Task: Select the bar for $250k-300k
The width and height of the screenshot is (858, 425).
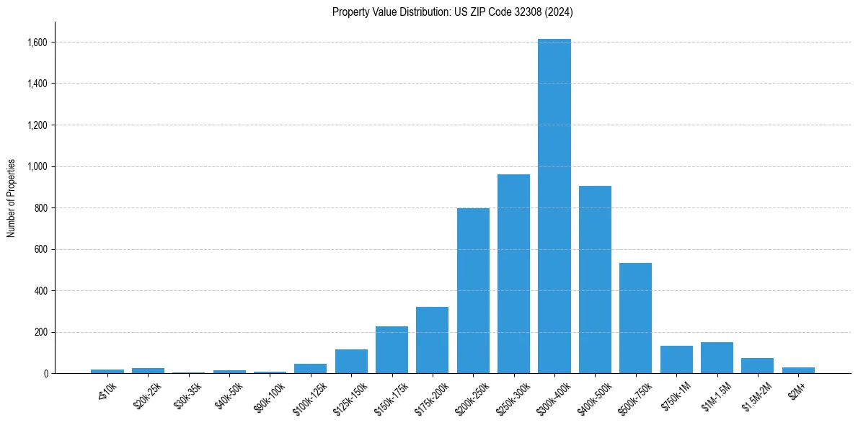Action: (x=513, y=274)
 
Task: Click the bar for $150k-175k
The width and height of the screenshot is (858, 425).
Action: (x=392, y=350)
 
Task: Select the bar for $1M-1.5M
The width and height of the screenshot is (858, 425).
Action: (x=717, y=358)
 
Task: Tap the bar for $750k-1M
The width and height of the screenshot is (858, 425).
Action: (x=676, y=359)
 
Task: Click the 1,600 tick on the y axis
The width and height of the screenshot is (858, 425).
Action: (x=37, y=42)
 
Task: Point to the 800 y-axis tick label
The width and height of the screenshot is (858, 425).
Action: (x=41, y=208)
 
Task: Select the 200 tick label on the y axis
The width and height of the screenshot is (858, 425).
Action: (x=41, y=333)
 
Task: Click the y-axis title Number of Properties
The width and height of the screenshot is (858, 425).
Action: (x=12, y=198)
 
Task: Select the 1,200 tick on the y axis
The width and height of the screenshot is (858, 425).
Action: (x=37, y=125)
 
